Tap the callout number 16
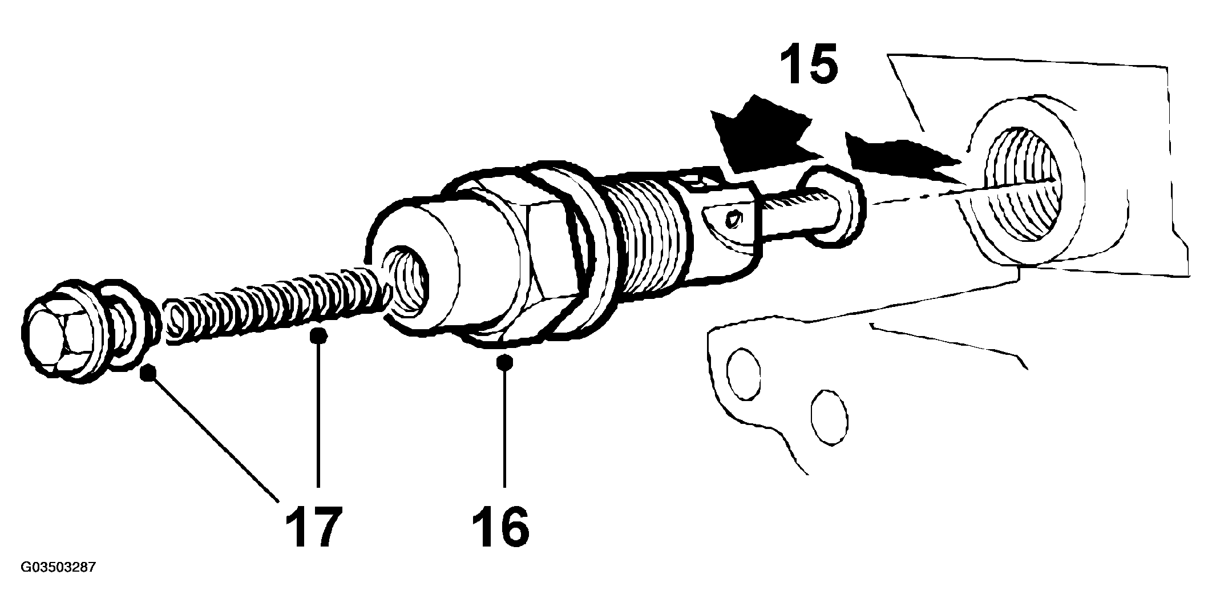click(501, 526)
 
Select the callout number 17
click(314, 526)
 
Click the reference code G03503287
click(58, 568)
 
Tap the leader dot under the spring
click(318, 335)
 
